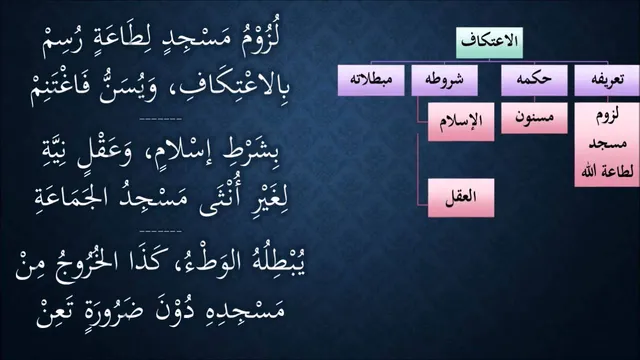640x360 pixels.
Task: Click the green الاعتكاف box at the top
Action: click(489, 42)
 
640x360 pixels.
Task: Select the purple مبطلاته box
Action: click(371, 80)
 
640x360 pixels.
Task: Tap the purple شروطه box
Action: click(444, 80)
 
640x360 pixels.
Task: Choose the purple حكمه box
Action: click(534, 80)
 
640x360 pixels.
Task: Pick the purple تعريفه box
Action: click(607, 80)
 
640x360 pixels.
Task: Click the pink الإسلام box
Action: click(461, 122)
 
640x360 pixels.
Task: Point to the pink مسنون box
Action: click(534, 118)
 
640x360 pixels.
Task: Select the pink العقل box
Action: click(461, 198)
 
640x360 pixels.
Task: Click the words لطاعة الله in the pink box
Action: click(607, 171)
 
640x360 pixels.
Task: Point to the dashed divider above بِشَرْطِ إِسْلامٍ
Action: click(160, 119)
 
